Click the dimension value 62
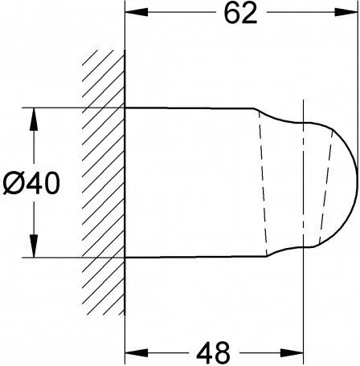point(240,14)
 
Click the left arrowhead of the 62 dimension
point(137,12)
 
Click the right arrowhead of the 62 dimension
point(346,12)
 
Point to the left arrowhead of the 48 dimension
point(137,352)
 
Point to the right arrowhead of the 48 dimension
point(292,352)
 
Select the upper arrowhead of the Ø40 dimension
point(34,120)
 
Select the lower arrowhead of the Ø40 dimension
point(34,246)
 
